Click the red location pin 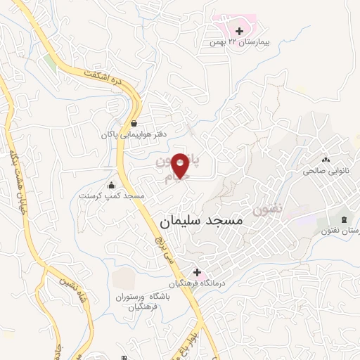pos(181,165)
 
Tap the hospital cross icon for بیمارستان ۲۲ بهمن pos(240,31)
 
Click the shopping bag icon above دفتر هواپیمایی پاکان pos(133,123)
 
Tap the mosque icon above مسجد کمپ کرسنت pos(111,186)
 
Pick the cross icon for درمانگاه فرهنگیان pos(198,272)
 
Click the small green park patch pos(49,63)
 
